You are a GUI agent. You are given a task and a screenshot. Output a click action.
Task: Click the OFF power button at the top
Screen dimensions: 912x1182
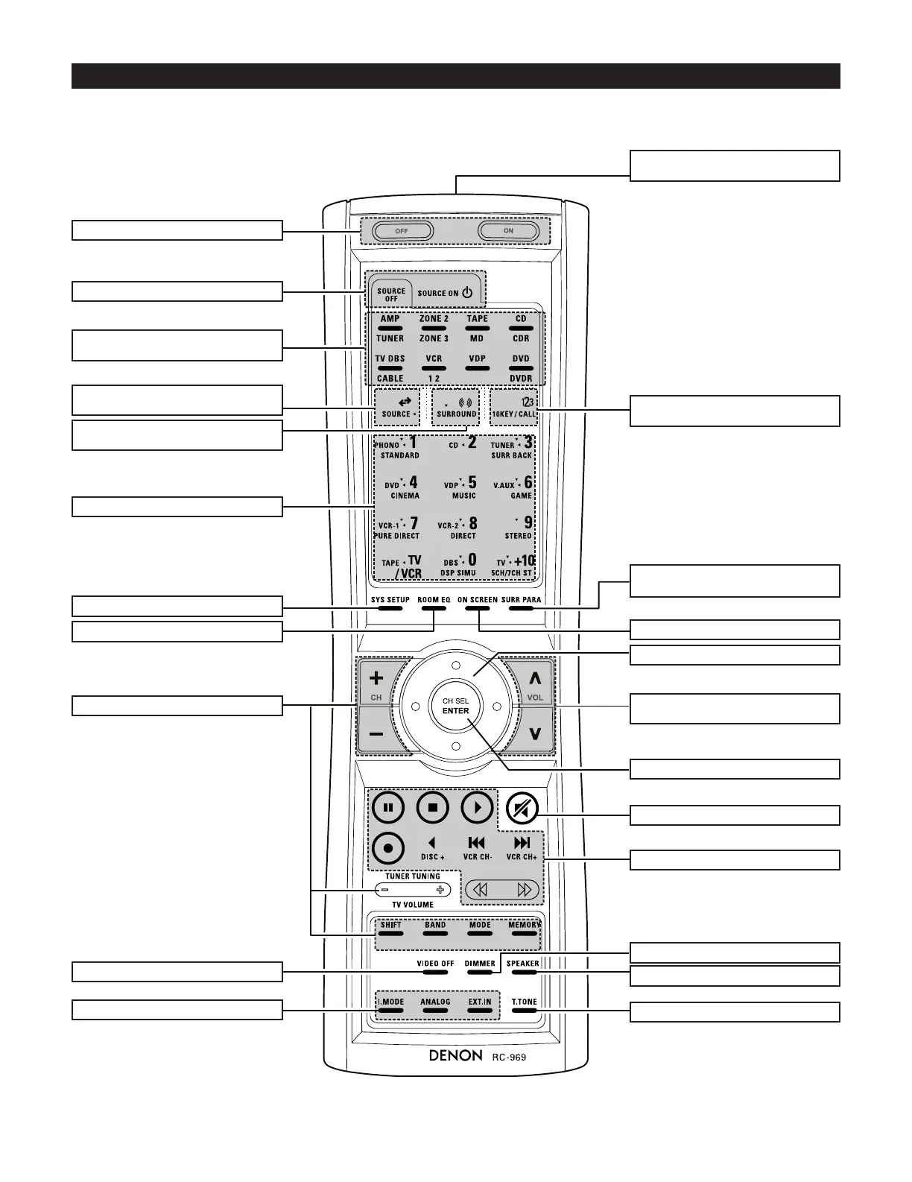(x=402, y=231)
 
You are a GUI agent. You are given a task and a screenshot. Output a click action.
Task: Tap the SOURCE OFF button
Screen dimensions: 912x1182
(x=391, y=294)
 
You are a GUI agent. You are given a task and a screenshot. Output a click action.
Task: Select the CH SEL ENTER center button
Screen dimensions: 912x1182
(x=456, y=707)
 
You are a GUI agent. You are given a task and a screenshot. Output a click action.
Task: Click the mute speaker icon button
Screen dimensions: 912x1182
(x=522, y=808)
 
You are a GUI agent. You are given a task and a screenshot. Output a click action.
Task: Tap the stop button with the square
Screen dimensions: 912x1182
(x=432, y=807)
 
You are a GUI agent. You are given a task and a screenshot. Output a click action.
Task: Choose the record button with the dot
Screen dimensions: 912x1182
(x=387, y=847)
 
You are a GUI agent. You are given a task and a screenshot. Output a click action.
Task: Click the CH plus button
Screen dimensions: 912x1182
(x=377, y=680)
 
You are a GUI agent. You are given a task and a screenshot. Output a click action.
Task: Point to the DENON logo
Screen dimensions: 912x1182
(x=455, y=1055)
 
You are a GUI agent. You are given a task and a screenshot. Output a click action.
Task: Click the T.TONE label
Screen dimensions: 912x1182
(x=525, y=1002)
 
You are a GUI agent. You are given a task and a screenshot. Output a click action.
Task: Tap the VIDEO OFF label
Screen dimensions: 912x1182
(x=435, y=964)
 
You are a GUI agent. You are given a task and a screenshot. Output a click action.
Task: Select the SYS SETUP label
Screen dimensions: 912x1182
(x=390, y=600)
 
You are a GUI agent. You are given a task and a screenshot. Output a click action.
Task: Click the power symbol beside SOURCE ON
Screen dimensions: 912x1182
(x=467, y=293)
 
